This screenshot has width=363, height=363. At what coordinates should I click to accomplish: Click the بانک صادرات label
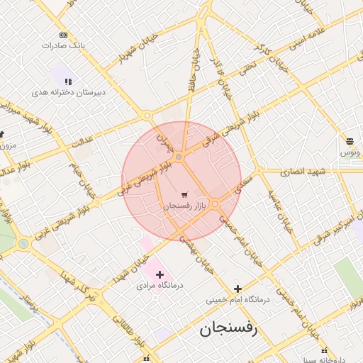[63, 45]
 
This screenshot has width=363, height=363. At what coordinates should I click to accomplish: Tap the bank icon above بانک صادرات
[64, 35]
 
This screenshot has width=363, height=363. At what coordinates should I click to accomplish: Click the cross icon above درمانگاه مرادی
[160, 274]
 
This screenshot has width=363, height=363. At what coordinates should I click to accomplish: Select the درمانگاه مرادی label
[155, 286]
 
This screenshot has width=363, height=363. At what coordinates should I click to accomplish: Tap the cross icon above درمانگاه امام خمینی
[238, 289]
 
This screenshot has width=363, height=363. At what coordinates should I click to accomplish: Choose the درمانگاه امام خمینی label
[238, 300]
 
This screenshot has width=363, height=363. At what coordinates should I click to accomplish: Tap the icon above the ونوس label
[350, 141]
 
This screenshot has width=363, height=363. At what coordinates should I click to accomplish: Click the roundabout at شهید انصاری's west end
[259, 171]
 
